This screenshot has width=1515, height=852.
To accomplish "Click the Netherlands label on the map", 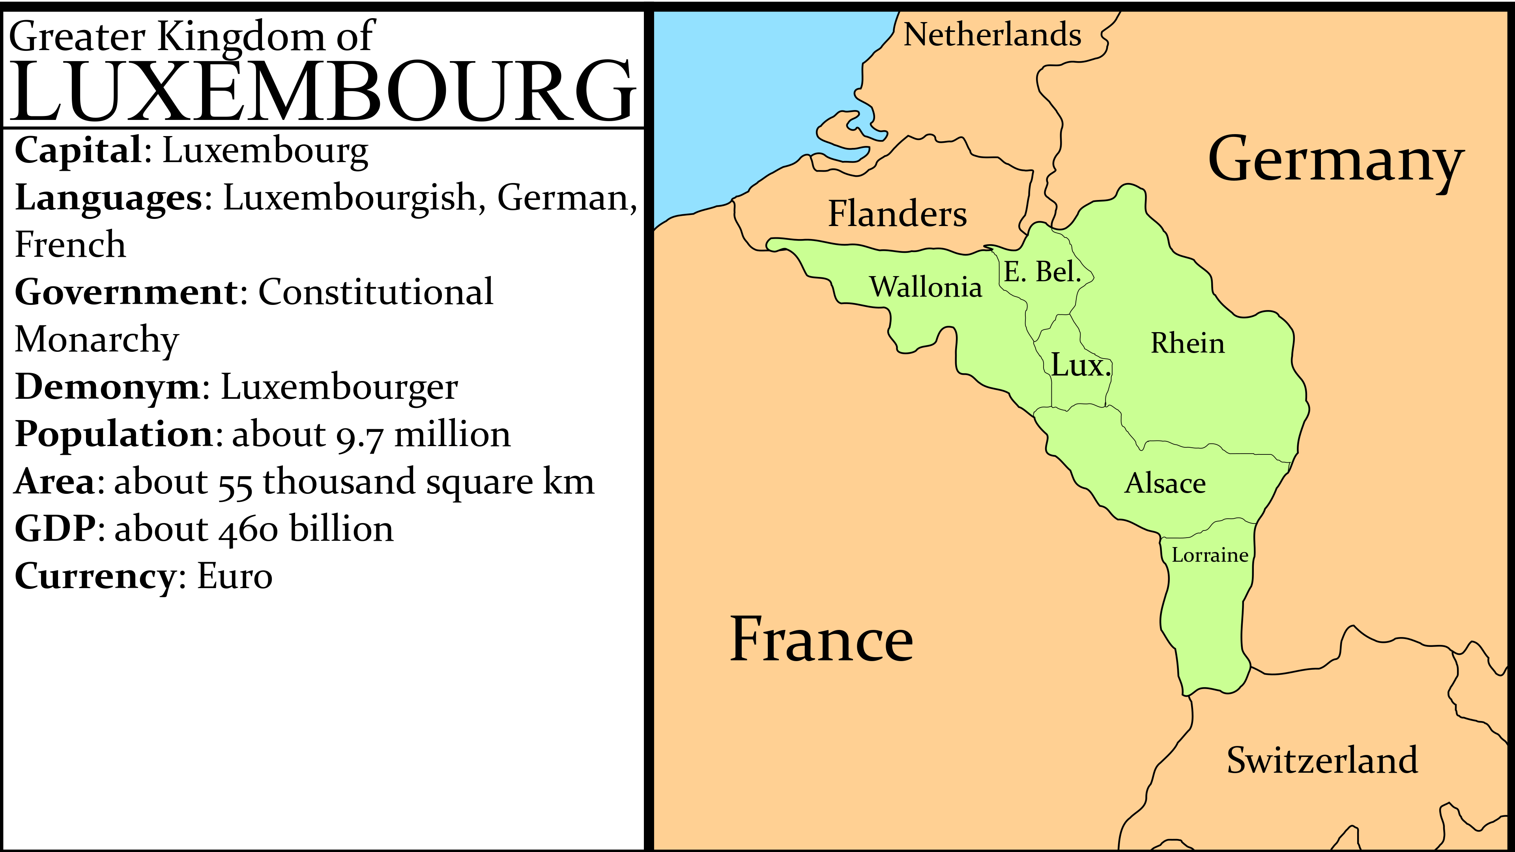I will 992,35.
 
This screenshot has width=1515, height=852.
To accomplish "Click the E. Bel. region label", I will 1042,272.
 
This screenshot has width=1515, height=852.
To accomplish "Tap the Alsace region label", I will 1165,483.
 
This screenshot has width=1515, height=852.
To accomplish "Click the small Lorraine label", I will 1210,555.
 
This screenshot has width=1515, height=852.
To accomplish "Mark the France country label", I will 821,640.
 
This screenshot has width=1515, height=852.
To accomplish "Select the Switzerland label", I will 1322,760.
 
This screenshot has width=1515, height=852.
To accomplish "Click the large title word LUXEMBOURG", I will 322,91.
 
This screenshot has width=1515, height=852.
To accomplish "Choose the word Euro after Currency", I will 235,576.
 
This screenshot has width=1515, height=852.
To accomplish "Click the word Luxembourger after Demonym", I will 339,387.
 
